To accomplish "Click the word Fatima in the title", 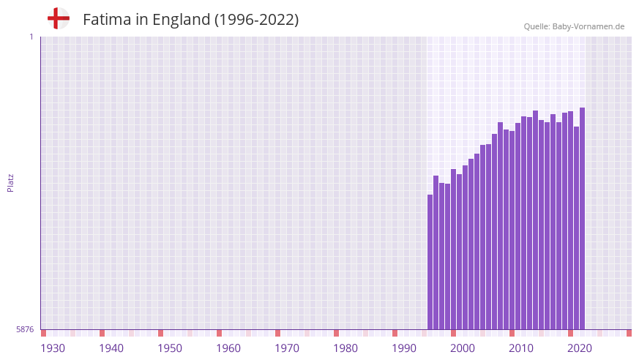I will pyautogui.click(x=105, y=20).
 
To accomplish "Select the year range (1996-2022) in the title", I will pyautogui.click(x=256, y=20).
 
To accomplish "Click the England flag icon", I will pyautogui.click(x=59, y=18).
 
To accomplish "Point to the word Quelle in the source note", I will pyautogui.click(x=537, y=26).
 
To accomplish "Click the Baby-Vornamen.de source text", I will pyautogui.click(x=588, y=26).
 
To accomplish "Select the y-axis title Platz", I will pyautogui.click(x=10, y=183).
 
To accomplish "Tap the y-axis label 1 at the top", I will pyautogui.click(x=31, y=37).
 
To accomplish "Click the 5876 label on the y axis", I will pyautogui.click(x=25, y=329).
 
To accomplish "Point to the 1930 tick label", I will pyautogui.click(x=53, y=348).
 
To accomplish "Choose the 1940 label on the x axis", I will pyautogui.click(x=111, y=348).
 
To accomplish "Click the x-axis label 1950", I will pyautogui.click(x=170, y=348).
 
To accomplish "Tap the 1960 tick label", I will pyautogui.click(x=228, y=348).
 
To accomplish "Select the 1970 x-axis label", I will pyautogui.click(x=287, y=348).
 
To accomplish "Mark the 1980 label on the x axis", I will pyautogui.click(x=345, y=348).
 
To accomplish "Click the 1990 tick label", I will pyautogui.click(x=404, y=348).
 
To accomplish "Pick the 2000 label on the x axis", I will pyautogui.click(x=463, y=348).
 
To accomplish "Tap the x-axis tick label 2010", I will pyautogui.click(x=521, y=348).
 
